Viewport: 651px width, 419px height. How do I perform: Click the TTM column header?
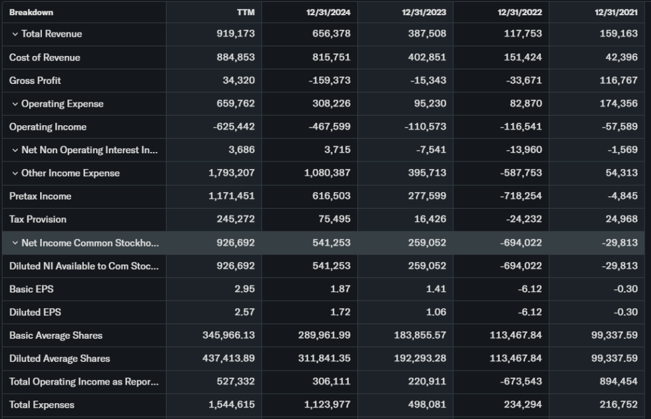tap(245, 13)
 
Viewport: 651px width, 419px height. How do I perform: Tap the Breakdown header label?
tap(31, 13)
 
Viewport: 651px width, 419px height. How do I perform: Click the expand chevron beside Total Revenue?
tap(15, 34)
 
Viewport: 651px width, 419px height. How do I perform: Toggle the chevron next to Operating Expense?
tap(15, 104)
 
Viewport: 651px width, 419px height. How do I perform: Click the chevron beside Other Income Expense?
tap(15, 173)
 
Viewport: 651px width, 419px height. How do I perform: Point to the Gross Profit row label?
tap(35, 81)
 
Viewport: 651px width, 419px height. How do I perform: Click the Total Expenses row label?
tap(41, 405)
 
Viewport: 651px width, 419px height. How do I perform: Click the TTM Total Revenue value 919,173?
tap(236, 34)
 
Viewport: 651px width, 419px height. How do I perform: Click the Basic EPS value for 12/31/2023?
tap(437, 289)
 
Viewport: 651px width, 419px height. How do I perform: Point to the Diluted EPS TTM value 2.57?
tap(245, 312)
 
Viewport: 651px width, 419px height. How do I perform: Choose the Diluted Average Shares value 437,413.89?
tap(228, 359)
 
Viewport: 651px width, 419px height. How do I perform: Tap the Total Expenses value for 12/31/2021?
tap(617, 405)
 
